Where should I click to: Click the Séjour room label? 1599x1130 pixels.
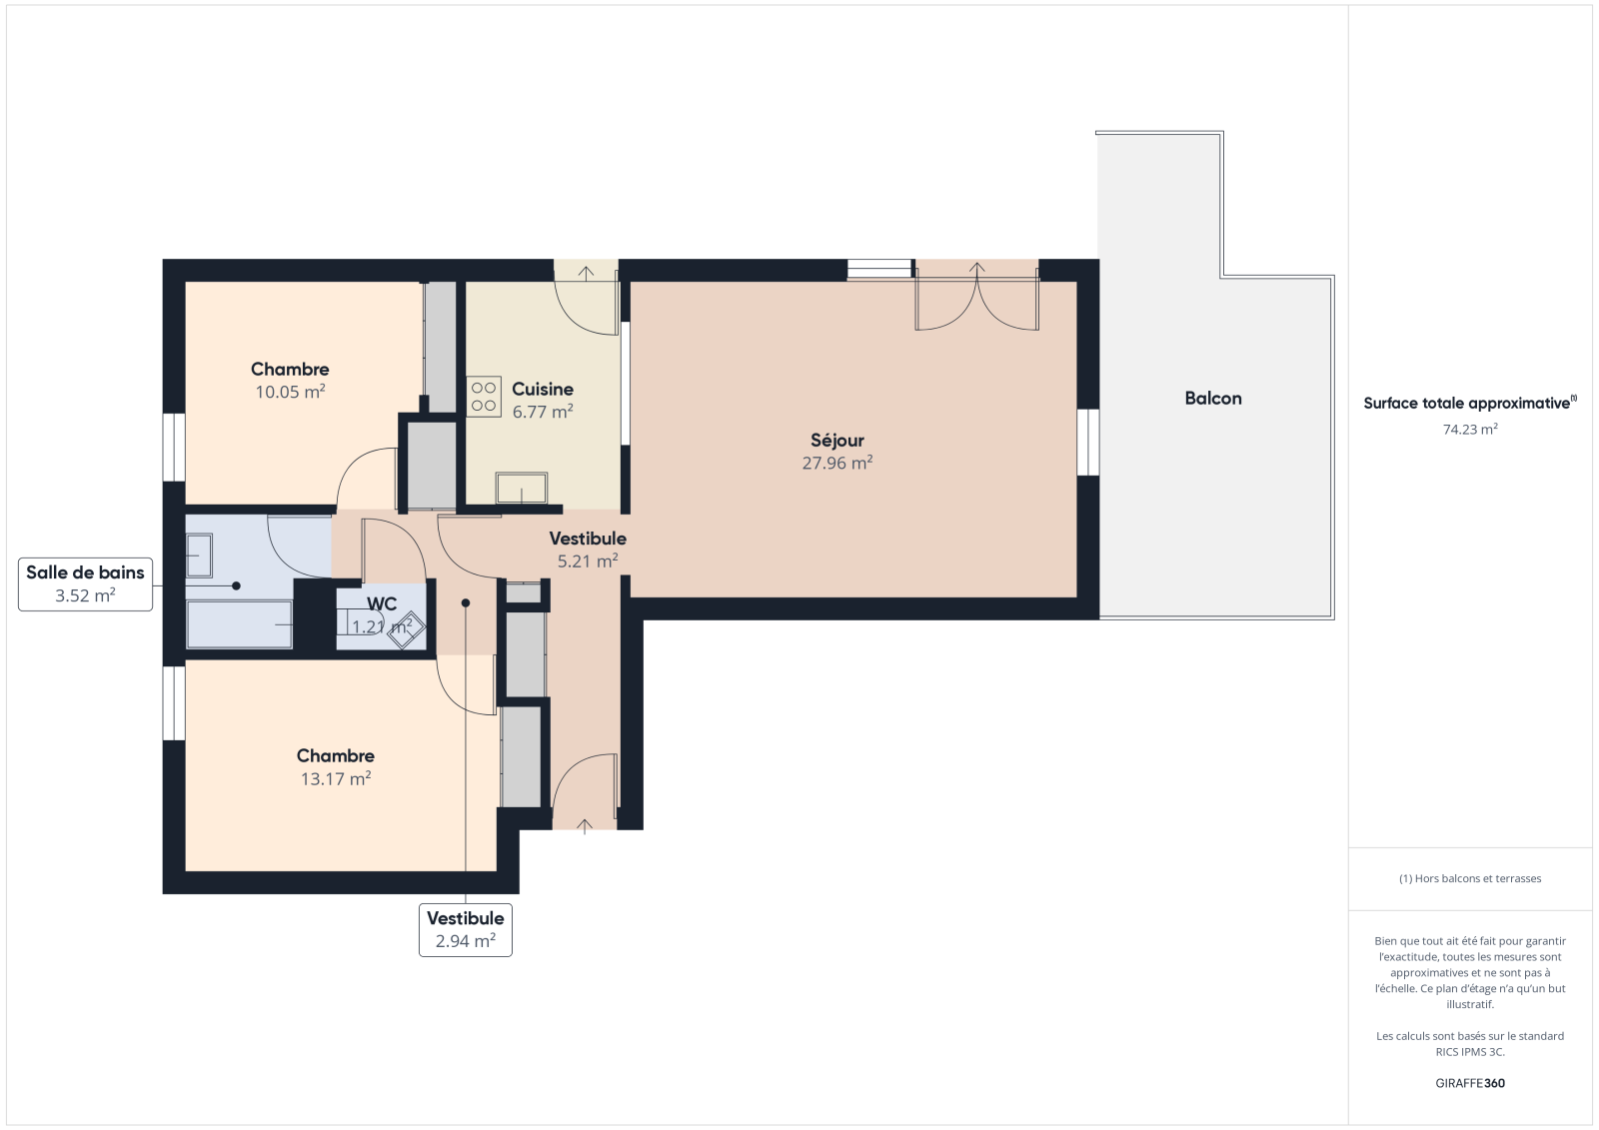[837, 440]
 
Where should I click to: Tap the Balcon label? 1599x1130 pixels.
[1213, 399]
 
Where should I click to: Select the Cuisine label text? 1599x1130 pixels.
[543, 389]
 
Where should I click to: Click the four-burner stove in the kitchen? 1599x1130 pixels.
[484, 397]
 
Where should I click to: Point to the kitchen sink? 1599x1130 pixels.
[522, 488]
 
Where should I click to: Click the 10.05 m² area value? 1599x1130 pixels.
[291, 392]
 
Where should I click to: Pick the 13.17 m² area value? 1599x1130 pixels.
[336, 778]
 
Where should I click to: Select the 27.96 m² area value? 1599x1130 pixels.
[837, 463]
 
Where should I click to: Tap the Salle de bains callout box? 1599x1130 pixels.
[85, 583]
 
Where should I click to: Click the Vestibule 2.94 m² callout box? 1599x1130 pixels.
[466, 929]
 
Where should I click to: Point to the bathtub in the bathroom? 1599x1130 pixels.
[239, 624]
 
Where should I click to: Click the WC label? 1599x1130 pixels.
[381, 603]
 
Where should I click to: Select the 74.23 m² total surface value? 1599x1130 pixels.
[1470, 429]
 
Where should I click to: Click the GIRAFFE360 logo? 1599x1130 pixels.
[1470, 1083]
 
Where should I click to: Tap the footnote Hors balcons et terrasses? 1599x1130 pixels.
[1470, 878]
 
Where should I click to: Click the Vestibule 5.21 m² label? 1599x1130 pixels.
[588, 549]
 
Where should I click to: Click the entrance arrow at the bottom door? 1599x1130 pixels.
[585, 826]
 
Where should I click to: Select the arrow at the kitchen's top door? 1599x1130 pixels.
[586, 274]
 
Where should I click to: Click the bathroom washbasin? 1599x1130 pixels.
[199, 556]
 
